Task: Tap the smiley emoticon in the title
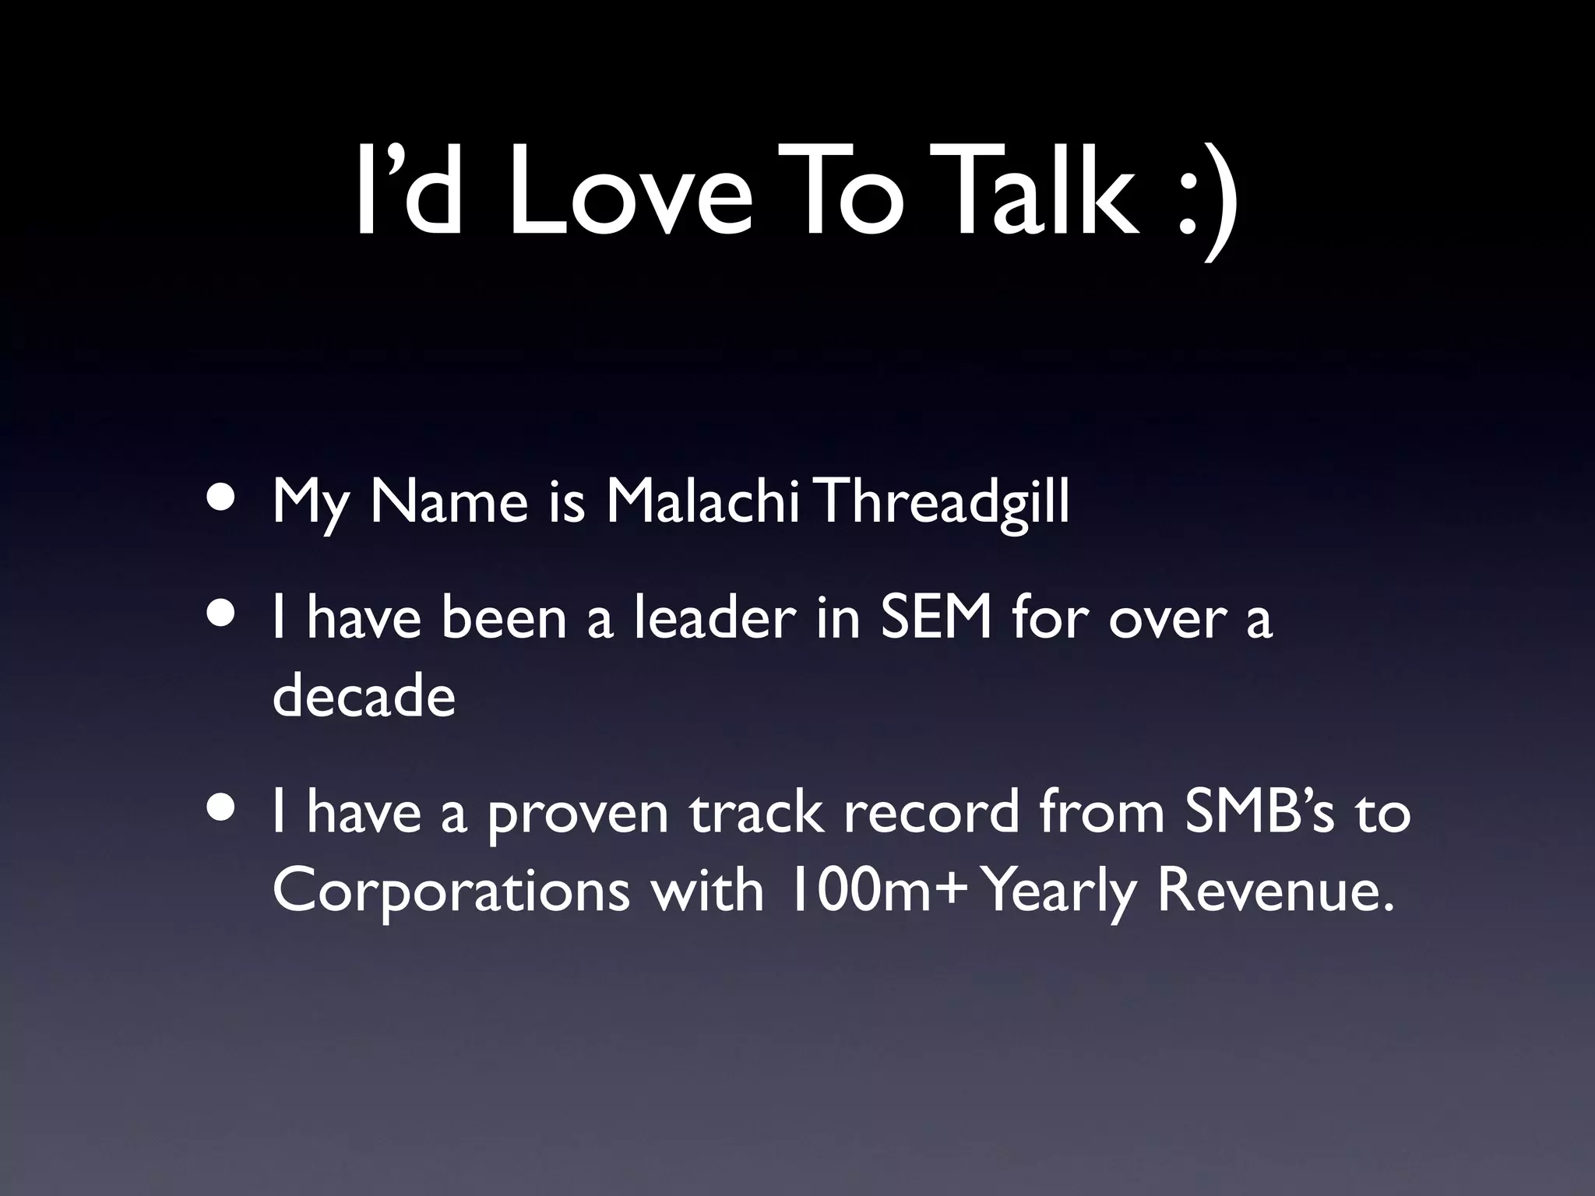(x=1204, y=199)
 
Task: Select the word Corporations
(x=451, y=892)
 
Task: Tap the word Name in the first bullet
(x=449, y=502)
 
